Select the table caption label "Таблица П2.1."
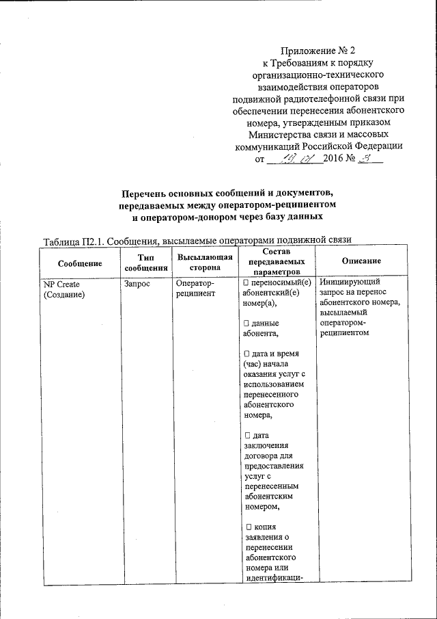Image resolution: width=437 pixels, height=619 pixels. click(73, 241)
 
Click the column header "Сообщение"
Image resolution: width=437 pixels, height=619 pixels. click(80, 263)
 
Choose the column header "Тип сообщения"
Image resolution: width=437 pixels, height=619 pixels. click(142, 263)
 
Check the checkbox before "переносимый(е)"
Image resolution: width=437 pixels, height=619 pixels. click(246, 282)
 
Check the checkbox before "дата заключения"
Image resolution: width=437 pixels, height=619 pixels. click(246, 436)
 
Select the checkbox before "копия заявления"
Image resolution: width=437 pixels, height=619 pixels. click(246, 526)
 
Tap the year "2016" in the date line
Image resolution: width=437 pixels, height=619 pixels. click(332, 160)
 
